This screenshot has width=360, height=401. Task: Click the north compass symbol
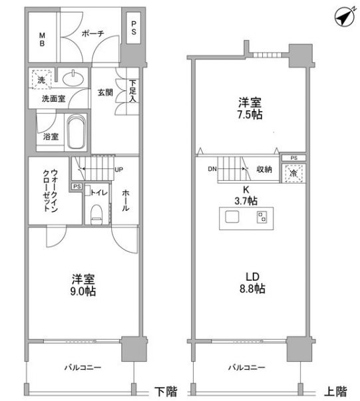point(345,17)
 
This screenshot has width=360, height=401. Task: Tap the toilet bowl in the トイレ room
point(96,214)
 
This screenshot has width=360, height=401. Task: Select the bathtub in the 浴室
point(76,132)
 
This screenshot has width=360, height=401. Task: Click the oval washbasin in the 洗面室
point(73,78)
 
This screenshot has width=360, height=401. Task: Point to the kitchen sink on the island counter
point(232,217)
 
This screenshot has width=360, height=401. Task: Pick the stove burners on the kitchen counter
point(262,217)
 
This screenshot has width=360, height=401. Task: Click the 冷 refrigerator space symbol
point(293,174)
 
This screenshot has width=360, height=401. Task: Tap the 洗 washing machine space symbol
point(41,80)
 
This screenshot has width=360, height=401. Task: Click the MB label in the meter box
point(42,39)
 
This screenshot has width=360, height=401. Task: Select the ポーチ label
point(92,33)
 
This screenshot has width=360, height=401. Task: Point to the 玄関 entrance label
point(105,92)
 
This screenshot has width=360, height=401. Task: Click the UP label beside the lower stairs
point(118,170)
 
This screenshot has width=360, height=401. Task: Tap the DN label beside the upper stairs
point(212,169)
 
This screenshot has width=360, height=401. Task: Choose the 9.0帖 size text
point(83,291)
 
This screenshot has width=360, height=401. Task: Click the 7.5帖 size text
point(250,114)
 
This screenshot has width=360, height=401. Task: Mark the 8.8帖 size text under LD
point(252,289)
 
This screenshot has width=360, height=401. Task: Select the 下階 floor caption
point(166,392)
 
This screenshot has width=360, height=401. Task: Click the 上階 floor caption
point(335,392)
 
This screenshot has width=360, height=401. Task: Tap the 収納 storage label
point(264,169)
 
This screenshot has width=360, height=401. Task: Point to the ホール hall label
point(125,200)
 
